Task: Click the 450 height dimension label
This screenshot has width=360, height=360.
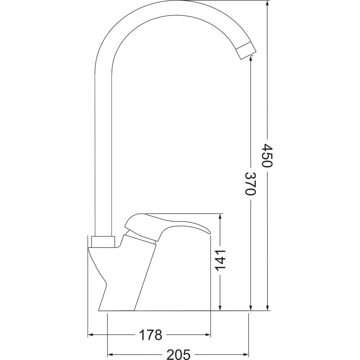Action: tap(267, 156)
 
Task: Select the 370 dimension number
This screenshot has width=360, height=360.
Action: tap(250, 184)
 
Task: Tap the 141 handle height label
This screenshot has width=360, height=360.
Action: tap(220, 260)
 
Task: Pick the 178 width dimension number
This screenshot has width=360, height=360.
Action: tap(150, 335)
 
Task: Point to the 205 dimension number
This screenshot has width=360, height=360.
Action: tap(179, 355)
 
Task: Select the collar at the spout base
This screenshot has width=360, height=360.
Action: tap(103, 242)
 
